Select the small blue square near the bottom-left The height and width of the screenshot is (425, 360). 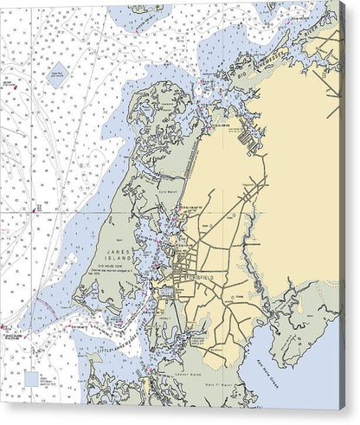click(33, 379)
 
